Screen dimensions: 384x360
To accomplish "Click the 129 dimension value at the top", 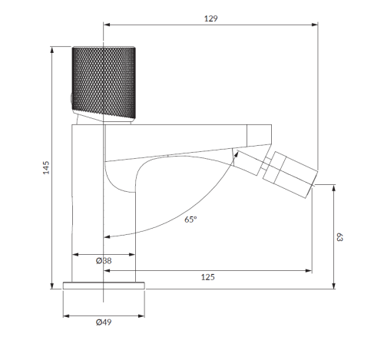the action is (210, 18).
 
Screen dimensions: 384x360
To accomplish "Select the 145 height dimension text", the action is (46, 167).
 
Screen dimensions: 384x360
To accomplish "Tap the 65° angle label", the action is (190, 220).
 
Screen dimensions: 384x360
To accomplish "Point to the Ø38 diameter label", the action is (104, 261).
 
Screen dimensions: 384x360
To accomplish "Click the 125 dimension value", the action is (207, 277).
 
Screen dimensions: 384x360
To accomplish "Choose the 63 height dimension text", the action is (339, 237).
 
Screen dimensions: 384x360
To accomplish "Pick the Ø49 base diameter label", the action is (104, 322).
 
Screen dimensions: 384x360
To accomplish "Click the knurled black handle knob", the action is (104, 83).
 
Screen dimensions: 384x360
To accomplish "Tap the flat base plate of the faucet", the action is (104, 286).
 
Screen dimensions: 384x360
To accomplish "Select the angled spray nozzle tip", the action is (290, 174).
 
